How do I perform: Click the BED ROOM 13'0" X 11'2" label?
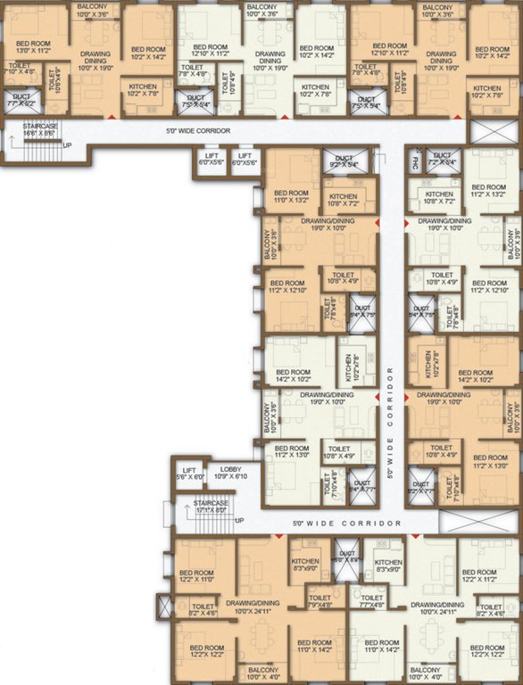tap(33, 47)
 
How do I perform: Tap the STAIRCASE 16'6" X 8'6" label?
tap(40, 132)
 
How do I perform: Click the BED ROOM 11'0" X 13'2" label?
tap(291, 197)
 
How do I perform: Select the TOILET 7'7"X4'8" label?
tap(373, 601)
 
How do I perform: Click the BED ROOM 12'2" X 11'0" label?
tap(196, 576)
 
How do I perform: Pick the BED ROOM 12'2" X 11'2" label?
tap(479, 576)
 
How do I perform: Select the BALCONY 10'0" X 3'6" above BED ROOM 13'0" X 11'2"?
tap(92, 10)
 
